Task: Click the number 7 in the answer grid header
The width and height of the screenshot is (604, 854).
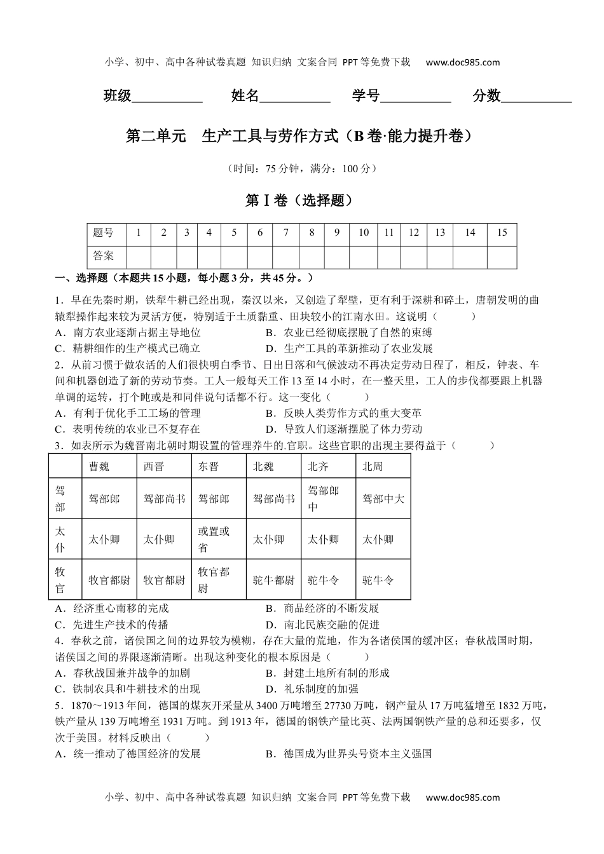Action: [x=286, y=233]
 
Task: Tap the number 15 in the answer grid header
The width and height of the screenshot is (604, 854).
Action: [x=502, y=233]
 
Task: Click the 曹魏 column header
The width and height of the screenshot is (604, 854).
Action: [x=99, y=466]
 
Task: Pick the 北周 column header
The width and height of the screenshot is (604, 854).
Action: [x=373, y=466]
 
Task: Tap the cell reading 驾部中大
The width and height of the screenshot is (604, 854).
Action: [x=383, y=499]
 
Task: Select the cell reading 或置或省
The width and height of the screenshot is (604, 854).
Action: [x=214, y=539]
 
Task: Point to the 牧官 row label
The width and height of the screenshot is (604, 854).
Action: [x=60, y=579]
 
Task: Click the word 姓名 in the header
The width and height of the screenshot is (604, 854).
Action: [x=245, y=96]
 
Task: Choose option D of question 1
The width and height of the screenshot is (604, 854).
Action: [x=350, y=348]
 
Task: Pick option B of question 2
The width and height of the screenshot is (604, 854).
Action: [x=343, y=413]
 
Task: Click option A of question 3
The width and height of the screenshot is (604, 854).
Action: [x=113, y=608]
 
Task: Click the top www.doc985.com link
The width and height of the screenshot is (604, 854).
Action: [x=463, y=62]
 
